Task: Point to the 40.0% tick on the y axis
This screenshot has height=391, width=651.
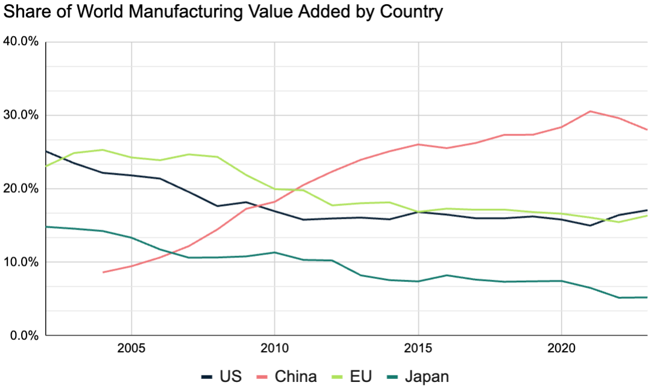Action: tap(22, 42)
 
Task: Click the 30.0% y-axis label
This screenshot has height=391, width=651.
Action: tap(22, 116)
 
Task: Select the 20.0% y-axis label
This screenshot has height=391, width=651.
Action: tap(22, 189)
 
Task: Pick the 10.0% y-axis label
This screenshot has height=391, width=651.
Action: tap(22, 263)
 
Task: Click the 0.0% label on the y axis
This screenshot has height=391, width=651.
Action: tap(25, 336)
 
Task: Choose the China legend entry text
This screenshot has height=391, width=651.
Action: tap(295, 377)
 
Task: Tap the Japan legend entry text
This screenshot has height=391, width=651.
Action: tap(427, 377)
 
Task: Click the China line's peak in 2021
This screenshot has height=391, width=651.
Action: tap(590, 111)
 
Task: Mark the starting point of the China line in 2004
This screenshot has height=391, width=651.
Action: tap(103, 272)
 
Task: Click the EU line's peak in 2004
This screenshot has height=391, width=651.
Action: tap(102, 150)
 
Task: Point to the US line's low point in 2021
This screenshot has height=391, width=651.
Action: tap(590, 225)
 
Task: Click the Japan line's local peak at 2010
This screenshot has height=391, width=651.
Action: tap(274, 252)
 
